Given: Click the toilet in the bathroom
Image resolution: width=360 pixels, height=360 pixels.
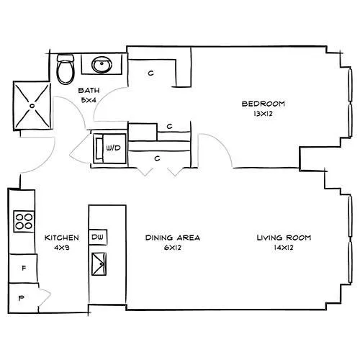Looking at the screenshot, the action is coord(66,69).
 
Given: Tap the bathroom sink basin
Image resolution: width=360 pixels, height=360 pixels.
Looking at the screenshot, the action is coord(102,64).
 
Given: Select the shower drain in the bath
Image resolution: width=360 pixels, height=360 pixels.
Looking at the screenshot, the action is coord(32,105).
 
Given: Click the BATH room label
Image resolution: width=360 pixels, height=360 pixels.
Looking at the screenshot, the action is coord(89,91).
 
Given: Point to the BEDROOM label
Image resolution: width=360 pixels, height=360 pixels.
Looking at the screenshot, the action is coord(264,104).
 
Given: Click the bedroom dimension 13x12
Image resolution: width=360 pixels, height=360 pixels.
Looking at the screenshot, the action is coord(264,114).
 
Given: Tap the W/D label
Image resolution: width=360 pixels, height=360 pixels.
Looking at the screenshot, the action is coord(113,148).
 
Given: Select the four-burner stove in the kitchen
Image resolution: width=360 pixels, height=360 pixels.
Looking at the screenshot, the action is coord(24,221).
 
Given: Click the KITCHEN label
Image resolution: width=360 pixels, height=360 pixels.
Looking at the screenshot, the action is coord(62,238).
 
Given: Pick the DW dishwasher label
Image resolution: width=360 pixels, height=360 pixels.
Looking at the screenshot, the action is coord(97,237).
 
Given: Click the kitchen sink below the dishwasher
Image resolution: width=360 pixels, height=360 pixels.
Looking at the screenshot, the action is coord(99,264).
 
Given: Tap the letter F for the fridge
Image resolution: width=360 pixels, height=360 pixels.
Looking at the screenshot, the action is coord(24,268).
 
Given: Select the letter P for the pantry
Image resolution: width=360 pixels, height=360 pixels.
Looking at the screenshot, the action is coord(22,298).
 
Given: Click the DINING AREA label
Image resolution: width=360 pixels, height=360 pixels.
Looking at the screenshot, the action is coord(173,238).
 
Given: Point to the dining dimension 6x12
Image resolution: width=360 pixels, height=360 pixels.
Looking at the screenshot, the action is coord(173,248).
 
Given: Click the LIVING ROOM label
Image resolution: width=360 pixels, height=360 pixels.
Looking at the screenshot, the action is coord(284,238).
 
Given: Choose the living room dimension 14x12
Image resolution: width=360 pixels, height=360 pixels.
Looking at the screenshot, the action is coord(284,248).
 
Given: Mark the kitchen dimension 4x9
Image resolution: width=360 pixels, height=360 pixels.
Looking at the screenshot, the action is coord(62,248).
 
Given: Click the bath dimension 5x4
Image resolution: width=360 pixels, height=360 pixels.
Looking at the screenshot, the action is coord(89,100).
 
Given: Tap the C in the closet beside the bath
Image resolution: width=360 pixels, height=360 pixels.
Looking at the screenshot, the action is coord(150,73).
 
